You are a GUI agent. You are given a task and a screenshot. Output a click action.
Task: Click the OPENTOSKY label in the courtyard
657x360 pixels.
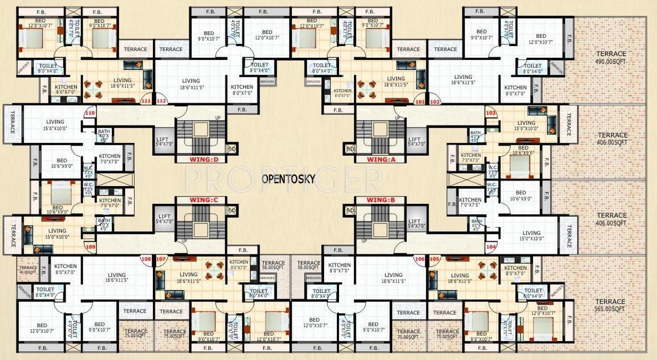tap(288, 179)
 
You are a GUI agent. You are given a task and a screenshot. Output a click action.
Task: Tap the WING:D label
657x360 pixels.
tap(201, 159)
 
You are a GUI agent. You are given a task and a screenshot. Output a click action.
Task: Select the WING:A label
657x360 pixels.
tap(381, 159)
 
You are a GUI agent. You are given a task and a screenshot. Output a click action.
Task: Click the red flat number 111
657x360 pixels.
tap(146, 101)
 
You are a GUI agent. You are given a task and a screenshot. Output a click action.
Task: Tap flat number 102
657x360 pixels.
tap(435, 102)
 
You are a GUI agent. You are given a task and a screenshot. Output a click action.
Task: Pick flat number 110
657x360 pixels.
tap(90, 113)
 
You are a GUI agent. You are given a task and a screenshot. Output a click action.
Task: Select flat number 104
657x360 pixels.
tap(491, 246)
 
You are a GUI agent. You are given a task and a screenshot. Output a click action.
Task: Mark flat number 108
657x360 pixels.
tap(146, 259)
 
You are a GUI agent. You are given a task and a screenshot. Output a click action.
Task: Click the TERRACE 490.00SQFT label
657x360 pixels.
tap(611, 58)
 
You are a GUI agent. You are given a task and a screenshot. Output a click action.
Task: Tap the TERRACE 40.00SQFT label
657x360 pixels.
tap(28, 269)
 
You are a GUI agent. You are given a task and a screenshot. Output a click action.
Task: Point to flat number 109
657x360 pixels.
tap(91, 246)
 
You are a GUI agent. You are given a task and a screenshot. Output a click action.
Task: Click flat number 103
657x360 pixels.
tap(491, 113)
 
